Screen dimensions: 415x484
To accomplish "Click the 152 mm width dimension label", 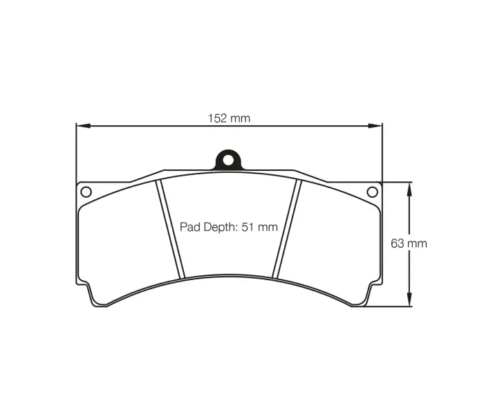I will tap(229, 118).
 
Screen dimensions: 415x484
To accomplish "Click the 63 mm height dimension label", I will tap(409, 243).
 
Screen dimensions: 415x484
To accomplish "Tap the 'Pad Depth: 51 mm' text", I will tap(229, 227).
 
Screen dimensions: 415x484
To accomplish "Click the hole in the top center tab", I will tap(228, 160).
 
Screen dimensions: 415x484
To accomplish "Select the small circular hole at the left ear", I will tap(86, 192).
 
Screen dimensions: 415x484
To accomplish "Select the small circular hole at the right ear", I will tap(372, 192).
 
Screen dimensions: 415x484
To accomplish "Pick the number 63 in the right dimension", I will tap(398, 243).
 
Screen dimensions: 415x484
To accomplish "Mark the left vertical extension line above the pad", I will tap(76, 152).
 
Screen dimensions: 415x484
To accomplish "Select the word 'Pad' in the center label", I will tap(189, 227).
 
